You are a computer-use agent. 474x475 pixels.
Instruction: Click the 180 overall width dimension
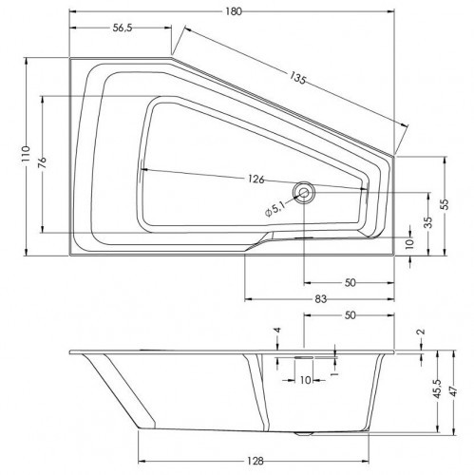(x=234, y=11)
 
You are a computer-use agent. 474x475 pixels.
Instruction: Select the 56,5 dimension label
(x=123, y=28)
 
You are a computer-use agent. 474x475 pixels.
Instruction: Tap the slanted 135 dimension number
(x=297, y=78)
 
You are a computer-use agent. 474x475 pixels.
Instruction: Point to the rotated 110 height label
(x=26, y=154)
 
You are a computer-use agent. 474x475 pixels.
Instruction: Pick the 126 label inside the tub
(x=256, y=180)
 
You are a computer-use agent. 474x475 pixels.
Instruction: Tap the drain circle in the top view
(x=304, y=193)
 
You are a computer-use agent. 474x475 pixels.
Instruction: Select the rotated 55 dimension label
(x=445, y=205)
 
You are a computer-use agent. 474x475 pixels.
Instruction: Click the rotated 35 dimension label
(x=428, y=222)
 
